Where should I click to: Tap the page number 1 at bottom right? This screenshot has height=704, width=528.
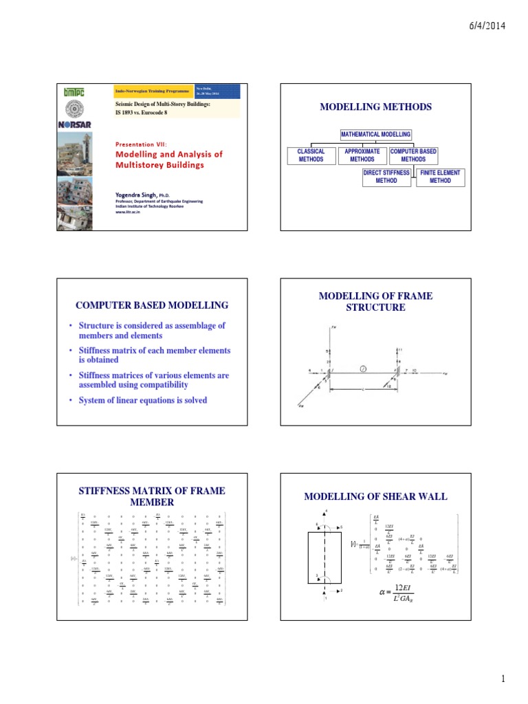click(x=503, y=679)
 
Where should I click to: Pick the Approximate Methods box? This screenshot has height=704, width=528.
click(x=362, y=155)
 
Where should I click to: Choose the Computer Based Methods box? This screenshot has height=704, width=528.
click(x=413, y=155)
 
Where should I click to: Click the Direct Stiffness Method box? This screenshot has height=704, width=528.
click(x=386, y=177)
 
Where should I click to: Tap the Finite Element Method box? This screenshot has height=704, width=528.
click(x=440, y=177)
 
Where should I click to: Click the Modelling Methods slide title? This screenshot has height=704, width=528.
click(x=375, y=107)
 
